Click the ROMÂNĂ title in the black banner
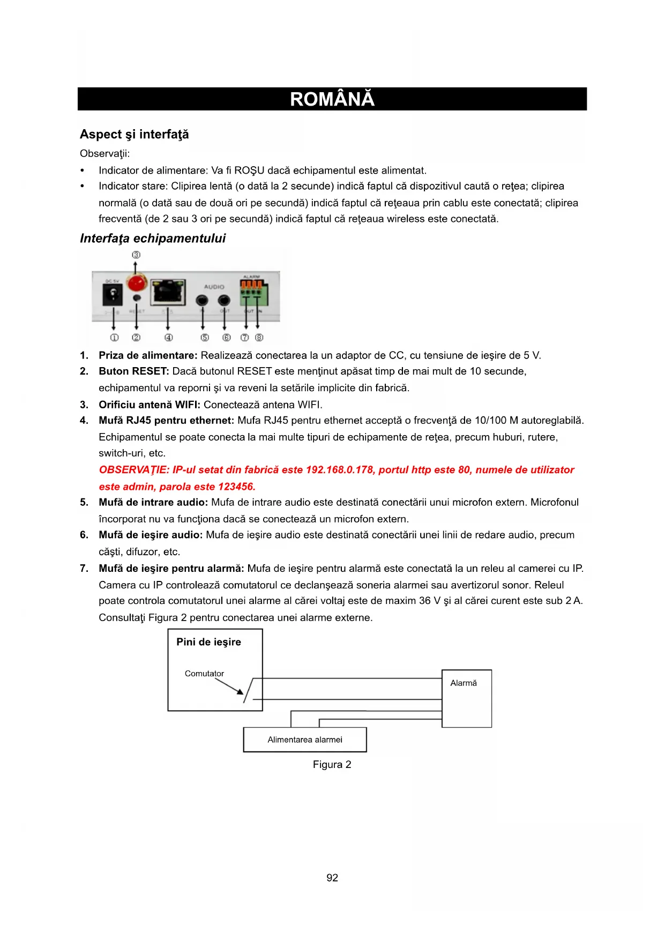(332, 100)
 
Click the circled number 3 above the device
(136, 255)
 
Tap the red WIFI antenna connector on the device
(137, 282)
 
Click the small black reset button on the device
(137, 298)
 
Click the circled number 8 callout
(259, 338)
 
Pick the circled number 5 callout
(204, 338)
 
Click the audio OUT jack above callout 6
(225, 301)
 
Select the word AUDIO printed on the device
(214, 287)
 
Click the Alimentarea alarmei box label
(305, 740)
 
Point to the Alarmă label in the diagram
(463, 683)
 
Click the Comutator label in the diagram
(204, 674)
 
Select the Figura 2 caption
(332, 765)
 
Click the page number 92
(332, 878)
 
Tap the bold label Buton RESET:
(133, 371)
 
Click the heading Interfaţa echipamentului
(153, 238)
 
